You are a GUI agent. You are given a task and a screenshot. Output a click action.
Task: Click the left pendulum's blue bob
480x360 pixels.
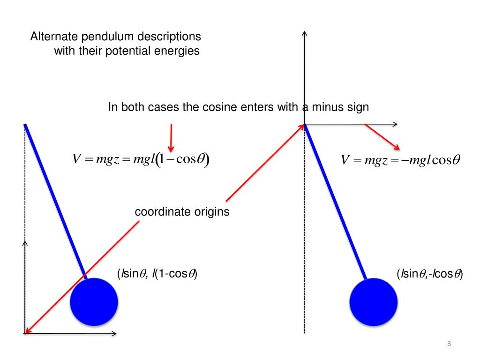pyautogui.click(x=94, y=301)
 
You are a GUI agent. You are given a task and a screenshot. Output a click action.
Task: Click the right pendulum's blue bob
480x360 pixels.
pyautogui.click(x=374, y=302)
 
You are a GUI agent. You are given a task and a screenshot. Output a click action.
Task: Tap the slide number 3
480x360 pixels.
pyautogui.click(x=449, y=345)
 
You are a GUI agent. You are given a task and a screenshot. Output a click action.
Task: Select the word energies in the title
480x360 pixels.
pyautogui.click(x=177, y=51)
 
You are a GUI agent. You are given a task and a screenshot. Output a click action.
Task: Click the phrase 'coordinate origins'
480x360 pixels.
pyautogui.click(x=182, y=212)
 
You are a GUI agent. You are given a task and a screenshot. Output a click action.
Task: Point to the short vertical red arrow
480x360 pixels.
pyautogui.click(x=172, y=136)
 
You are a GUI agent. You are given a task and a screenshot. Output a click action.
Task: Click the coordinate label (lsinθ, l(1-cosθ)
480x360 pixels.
pyautogui.click(x=157, y=274)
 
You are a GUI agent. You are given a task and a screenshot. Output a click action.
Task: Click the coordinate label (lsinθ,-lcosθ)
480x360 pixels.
pyautogui.click(x=429, y=274)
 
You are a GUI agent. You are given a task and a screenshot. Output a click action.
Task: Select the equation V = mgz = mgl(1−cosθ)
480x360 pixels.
pyautogui.click(x=141, y=159)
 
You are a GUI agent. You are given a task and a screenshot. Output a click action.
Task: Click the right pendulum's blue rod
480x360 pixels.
pyautogui.click(x=336, y=202)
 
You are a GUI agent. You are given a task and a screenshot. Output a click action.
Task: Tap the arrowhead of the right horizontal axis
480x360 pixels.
pyautogui.click(x=395, y=124)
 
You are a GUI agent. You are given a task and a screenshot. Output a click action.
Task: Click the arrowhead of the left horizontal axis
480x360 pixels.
pyautogui.click(x=113, y=333)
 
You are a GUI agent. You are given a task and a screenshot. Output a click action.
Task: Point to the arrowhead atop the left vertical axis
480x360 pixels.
pyautogui.click(x=25, y=243)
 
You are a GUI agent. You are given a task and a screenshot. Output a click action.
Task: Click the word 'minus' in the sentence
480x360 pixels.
pyautogui.click(x=330, y=107)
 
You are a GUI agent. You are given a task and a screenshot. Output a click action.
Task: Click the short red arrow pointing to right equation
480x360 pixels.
pyautogui.click(x=382, y=137)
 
